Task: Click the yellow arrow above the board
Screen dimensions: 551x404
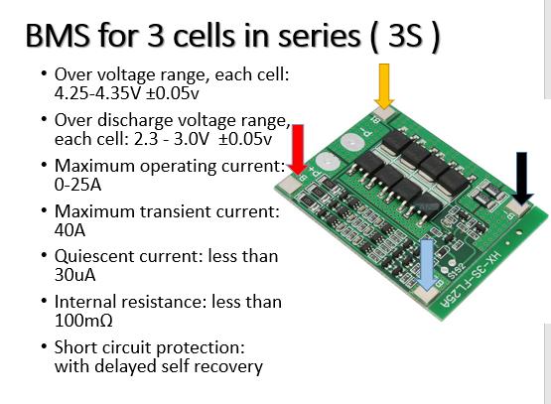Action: (384, 86)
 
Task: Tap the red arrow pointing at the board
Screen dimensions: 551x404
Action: (298, 149)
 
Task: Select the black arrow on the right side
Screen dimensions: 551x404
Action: (522, 178)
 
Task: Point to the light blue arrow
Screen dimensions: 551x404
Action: (427, 264)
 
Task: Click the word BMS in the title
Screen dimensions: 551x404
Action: (58, 36)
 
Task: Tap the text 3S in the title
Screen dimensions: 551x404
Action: (405, 36)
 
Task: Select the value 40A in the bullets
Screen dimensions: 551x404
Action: (69, 230)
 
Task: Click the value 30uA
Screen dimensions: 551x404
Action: (74, 275)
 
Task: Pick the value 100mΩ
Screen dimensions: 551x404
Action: (83, 321)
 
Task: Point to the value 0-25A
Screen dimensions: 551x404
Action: (77, 185)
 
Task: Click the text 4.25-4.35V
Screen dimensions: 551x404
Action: (97, 92)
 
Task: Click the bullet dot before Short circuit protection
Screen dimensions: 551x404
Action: (44, 347)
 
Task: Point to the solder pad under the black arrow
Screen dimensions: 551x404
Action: (517, 209)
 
